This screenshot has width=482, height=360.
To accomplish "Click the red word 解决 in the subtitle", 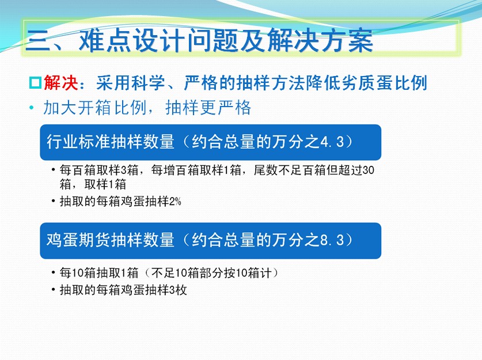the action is click(61, 82).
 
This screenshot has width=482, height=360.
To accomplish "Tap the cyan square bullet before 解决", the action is click(35, 83).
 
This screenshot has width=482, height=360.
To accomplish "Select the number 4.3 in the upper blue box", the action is click(332, 142).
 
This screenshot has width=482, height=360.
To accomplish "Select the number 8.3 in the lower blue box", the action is click(332, 240).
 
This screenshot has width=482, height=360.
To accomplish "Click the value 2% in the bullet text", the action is click(175, 202).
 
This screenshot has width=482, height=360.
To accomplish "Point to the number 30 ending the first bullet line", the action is click(369, 170).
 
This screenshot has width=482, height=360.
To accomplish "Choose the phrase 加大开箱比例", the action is click(94, 108).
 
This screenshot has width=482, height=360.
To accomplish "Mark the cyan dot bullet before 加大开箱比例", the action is click(31, 108).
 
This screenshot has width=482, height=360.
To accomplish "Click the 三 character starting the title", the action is click(38, 40).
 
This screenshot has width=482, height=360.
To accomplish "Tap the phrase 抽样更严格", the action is click(208, 108).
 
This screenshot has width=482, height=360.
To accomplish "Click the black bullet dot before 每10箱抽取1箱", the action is click(54, 272).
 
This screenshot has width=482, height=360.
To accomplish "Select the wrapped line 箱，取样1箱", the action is click(93, 184).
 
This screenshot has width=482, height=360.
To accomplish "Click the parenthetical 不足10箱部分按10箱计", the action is click(212, 272).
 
